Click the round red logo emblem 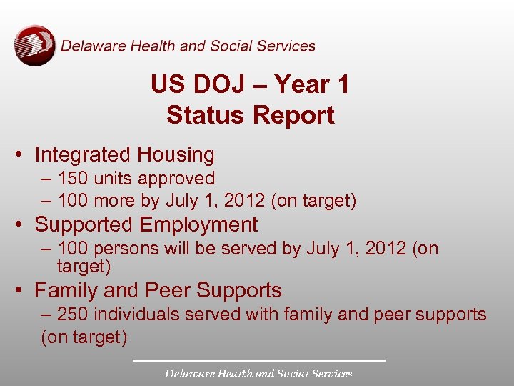point(34,46)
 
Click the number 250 point(72,314)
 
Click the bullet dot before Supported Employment point(22,224)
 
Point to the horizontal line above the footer point(258,360)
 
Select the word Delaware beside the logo point(87,46)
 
